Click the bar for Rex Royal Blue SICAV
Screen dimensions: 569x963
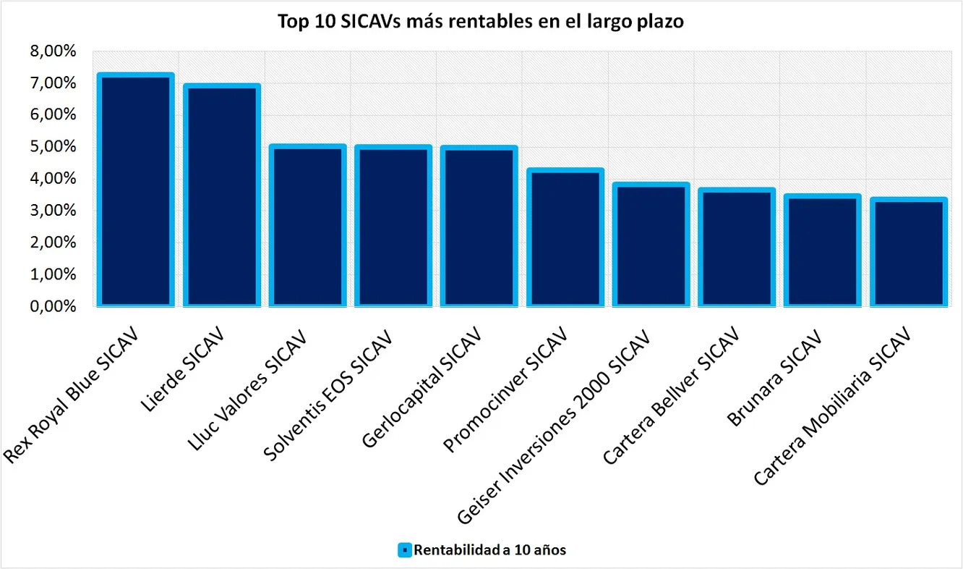point(135,190)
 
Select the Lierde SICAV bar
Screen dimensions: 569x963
point(221,195)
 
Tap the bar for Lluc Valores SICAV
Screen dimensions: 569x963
point(307,225)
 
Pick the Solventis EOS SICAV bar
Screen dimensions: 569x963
point(393,226)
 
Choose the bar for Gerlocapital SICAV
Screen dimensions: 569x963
point(478,226)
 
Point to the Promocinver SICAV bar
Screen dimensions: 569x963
point(564,237)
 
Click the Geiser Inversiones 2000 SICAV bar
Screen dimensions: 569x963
point(650,245)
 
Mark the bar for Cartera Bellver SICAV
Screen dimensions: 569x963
point(735,248)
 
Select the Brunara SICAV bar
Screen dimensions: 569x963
point(821,250)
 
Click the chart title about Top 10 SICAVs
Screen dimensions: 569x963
point(481,22)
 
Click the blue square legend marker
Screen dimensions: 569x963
point(405,550)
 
